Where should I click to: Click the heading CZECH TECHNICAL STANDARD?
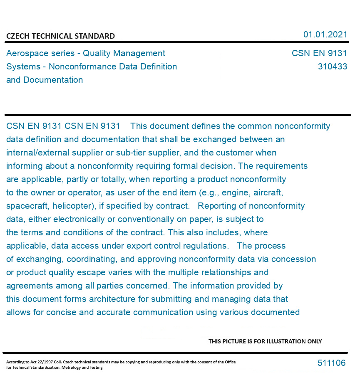point(60,36)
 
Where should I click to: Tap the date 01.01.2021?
point(325,35)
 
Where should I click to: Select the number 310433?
point(332,67)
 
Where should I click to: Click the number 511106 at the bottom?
point(331,363)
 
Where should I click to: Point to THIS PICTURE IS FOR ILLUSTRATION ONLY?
point(265,341)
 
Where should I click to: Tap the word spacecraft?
point(25,206)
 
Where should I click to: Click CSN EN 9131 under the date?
point(319,53)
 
